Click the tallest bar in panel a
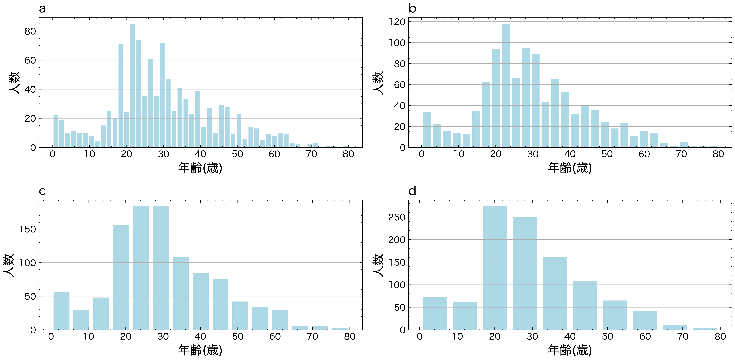(133, 86)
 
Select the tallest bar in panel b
(506, 86)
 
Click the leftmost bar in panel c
(61, 311)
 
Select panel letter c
(42, 191)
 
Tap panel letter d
(412, 191)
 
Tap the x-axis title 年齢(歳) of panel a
(200, 168)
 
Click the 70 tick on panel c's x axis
(312, 337)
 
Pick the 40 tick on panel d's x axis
(570, 337)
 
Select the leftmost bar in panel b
(427, 130)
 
